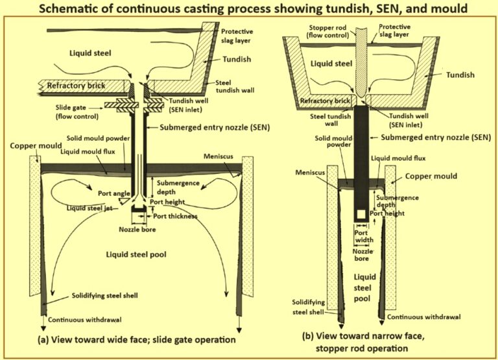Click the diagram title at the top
coord(249,9)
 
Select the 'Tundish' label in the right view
coord(460,75)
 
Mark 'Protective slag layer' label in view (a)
coord(238,36)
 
